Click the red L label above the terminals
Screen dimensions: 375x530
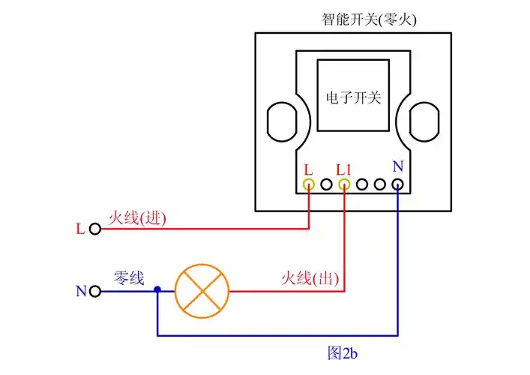pyautogui.click(x=308, y=169)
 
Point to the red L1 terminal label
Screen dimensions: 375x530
pyautogui.click(x=344, y=169)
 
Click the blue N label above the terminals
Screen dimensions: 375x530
pyautogui.click(x=397, y=167)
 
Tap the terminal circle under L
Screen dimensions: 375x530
pyautogui.click(x=308, y=184)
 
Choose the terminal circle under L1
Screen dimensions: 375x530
pyautogui.click(x=344, y=184)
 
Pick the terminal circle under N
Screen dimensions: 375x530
pyautogui.click(x=397, y=184)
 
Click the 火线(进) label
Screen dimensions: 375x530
pyautogui.click(x=137, y=218)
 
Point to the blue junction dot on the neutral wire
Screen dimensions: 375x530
pyautogui.click(x=157, y=289)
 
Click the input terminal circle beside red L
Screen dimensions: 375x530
pyautogui.click(x=94, y=229)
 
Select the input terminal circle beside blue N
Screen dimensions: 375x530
pyautogui.click(x=94, y=290)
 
